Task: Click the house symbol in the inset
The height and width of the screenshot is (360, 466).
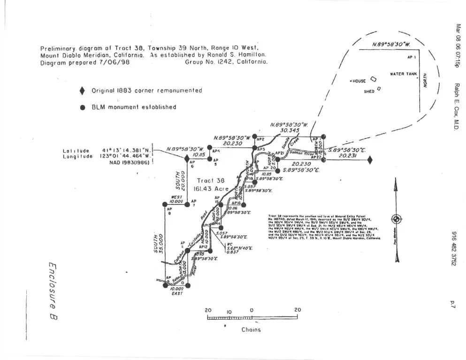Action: pos(374,80)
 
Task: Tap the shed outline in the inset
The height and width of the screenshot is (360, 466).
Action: pos(379,88)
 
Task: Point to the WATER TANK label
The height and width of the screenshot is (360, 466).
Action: pos(404,74)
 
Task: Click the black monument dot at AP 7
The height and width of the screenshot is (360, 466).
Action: pos(187,204)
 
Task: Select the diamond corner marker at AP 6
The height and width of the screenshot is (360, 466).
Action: pos(187,159)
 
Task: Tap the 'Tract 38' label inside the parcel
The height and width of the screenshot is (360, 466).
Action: pos(211,180)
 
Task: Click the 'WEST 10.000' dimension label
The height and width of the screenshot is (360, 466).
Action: pos(176,199)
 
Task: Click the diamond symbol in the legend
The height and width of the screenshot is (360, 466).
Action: pos(83,90)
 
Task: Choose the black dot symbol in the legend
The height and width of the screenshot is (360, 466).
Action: pos(83,107)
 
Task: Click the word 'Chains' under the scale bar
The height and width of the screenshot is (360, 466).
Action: pos(251,329)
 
